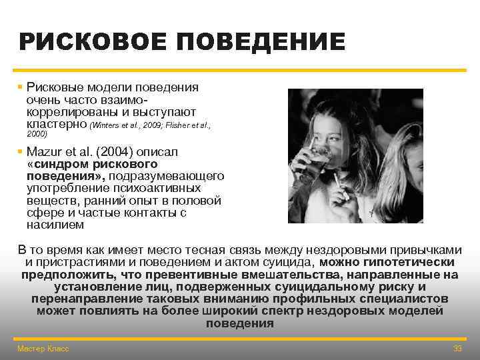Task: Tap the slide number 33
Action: pos(457,349)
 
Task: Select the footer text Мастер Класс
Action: pos(43,349)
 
